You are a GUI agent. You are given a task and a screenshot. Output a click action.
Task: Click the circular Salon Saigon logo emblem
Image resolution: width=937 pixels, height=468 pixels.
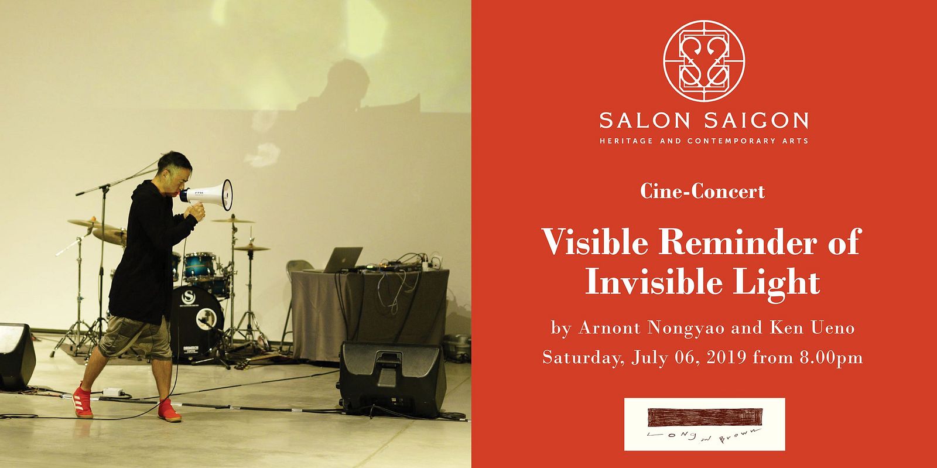(703, 61)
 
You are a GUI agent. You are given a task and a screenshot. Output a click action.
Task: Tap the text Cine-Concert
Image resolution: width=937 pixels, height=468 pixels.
(702, 192)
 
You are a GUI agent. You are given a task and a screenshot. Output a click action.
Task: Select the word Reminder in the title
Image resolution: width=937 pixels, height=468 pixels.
(738, 242)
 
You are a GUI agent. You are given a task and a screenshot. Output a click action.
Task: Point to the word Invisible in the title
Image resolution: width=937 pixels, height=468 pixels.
(654, 282)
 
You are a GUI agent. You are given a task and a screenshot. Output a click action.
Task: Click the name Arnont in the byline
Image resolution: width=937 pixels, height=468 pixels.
(610, 327)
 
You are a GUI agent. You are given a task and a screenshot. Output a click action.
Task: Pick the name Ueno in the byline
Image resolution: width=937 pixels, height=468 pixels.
(832, 327)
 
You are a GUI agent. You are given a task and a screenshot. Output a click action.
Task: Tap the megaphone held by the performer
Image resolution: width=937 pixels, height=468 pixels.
(207, 195)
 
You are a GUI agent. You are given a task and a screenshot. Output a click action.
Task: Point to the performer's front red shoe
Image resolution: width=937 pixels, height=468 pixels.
(169, 410)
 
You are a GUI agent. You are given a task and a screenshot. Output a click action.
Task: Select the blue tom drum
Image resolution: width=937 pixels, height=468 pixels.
(200, 266)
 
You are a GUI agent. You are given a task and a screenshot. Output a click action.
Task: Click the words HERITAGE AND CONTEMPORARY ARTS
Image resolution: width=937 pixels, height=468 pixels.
(704, 141)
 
